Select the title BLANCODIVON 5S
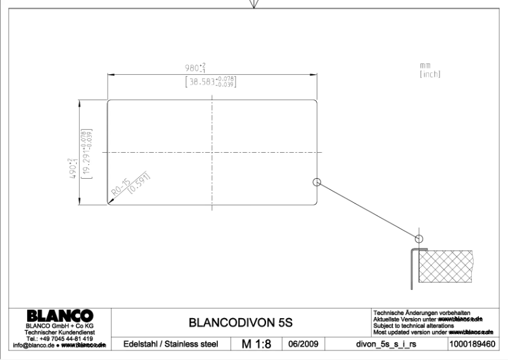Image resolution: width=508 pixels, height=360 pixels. pos(241,322)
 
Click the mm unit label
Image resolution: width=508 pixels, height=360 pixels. pos(425,66)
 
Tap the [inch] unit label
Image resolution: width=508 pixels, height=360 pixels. pos(430,75)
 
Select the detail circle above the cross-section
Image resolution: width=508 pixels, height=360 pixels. pos(418,238)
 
